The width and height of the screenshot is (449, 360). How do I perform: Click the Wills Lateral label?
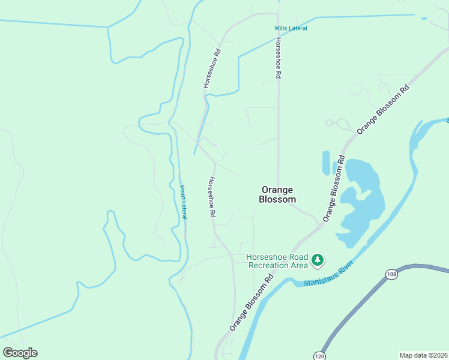click(291, 28)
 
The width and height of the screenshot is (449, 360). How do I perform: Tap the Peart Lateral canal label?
click(183, 202)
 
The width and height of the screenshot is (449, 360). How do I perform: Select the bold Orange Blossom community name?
click(277, 194)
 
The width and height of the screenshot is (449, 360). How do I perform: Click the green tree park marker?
click(318, 261)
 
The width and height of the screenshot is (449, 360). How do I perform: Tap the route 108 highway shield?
click(391, 274)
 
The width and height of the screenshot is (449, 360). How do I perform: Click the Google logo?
click(20, 353)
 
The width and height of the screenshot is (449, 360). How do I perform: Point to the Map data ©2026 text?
click(423, 355)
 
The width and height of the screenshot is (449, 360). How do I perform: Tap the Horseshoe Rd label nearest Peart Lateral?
click(212, 197)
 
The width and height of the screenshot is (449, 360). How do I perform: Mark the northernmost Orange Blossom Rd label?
click(382, 109)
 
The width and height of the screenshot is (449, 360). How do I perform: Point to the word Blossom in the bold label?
click(277, 200)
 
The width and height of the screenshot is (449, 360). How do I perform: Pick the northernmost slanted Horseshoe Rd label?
click(212, 69)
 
